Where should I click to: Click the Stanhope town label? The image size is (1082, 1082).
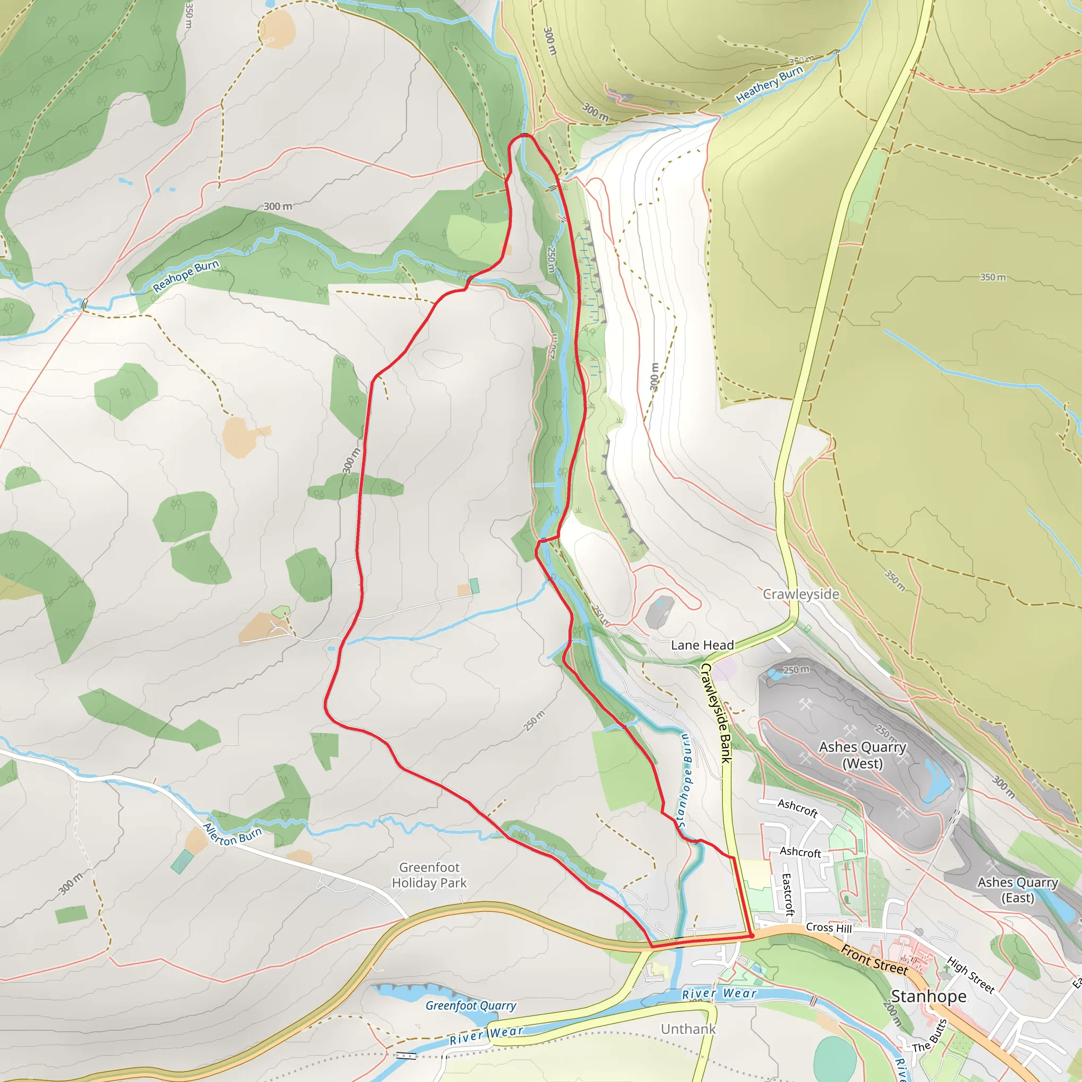[929, 996]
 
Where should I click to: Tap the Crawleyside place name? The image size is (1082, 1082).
[801, 594]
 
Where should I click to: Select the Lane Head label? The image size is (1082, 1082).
[702, 645]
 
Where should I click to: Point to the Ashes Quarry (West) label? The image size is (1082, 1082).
[862, 755]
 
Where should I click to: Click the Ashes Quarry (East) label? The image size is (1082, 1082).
[1018, 890]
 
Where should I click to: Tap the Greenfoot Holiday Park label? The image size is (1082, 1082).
[429, 875]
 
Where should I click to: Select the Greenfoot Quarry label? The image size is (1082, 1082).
[471, 1005]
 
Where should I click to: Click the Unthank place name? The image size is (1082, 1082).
[688, 1029]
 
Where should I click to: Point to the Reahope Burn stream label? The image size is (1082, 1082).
[185, 276]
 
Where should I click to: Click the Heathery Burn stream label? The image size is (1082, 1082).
[769, 84]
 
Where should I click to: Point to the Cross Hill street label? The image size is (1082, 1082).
[828, 928]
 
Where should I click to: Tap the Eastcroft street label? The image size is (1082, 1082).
[788, 894]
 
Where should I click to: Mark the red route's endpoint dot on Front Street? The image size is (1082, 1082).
[752, 935]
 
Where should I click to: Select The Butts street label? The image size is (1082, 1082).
[929, 1036]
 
